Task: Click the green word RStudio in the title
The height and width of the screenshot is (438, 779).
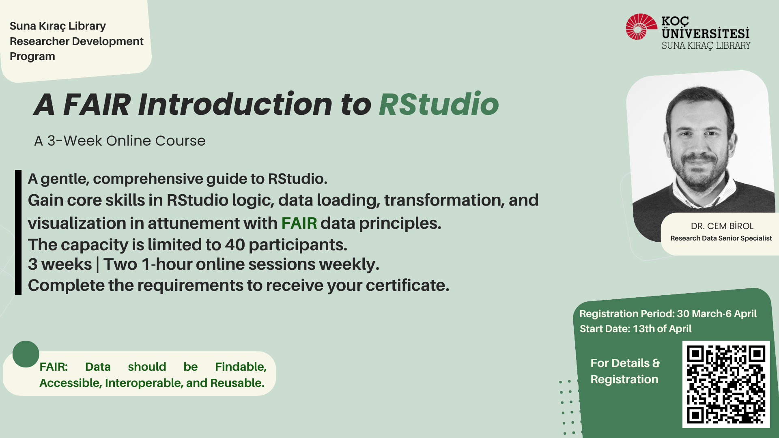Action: (x=439, y=104)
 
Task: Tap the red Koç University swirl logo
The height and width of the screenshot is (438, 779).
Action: (x=641, y=27)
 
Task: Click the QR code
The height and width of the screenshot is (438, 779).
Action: (x=726, y=384)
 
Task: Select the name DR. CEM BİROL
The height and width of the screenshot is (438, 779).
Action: (x=722, y=226)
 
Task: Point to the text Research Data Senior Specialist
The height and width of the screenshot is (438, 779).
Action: (x=721, y=238)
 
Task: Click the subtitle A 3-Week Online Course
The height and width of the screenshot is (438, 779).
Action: (x=120, y=141)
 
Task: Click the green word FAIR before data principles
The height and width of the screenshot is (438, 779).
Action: (x=299, y=223)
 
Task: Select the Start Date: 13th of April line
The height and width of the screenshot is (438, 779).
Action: (x=635, y=328)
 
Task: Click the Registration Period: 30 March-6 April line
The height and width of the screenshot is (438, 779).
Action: (x=668, y=313)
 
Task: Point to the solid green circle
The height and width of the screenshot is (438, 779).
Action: (x=26, y=354)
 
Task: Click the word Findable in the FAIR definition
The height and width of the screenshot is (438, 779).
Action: (x=241, y=367)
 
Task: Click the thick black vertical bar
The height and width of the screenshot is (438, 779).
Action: (x=18, y=232)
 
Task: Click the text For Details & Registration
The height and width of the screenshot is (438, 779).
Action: (x=625, y=371)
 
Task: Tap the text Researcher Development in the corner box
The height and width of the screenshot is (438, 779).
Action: (x=76, y=41)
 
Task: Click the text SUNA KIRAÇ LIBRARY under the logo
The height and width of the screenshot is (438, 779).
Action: (x=706, y=45)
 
